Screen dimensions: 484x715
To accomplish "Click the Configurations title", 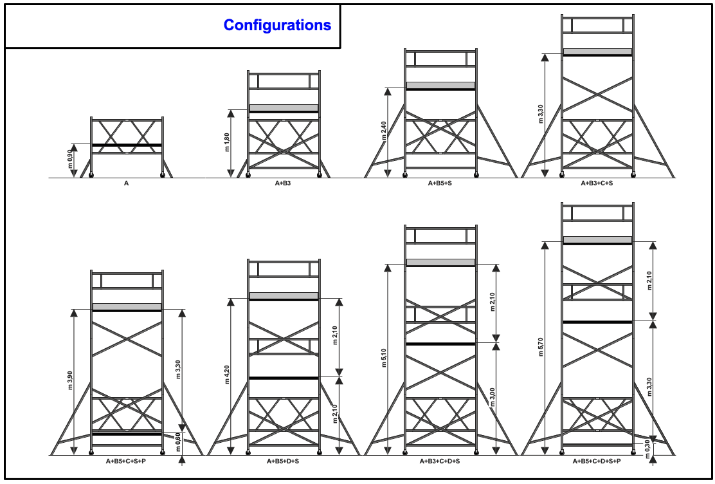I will click(277, 25).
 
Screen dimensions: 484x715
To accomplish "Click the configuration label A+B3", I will click(284, 183).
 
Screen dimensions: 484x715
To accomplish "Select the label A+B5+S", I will click(440, 183).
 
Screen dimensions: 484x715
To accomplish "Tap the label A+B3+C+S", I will click(597, 183).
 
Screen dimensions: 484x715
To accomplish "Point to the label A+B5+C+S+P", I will click(126, 461).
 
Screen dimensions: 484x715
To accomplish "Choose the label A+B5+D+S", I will click(283, 461).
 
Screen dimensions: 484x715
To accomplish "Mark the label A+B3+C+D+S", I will click(440, 461).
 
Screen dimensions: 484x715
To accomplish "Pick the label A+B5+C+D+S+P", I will click(597, 461).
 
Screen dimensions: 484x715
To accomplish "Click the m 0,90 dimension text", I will click(70, 160).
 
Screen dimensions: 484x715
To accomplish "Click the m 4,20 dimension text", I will click(227, 377).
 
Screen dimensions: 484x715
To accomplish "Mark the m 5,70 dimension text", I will click(541, 349).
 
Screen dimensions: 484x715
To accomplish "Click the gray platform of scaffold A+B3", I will click(284, 107).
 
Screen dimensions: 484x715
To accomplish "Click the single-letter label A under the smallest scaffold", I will click(126, 183).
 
